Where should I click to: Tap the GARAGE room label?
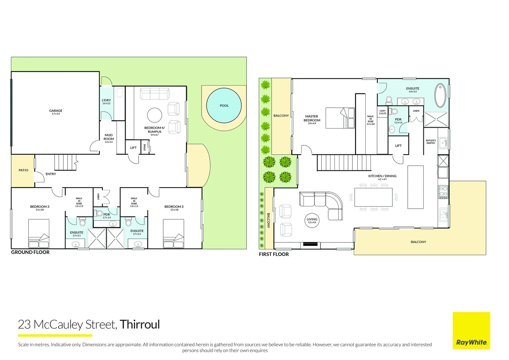[x=56, y=111]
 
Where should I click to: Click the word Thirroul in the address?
[x=140, y=324]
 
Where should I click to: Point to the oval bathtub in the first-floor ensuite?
[x=440, y=96]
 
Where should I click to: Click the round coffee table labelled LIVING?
[x=312, y=220]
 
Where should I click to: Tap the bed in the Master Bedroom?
[x=340, y=118]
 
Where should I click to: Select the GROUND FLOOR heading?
[x=30, y=252]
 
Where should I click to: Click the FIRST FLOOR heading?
[x=274, y=254]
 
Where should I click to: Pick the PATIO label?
[x=23, y=170]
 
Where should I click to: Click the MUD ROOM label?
[x=109, y=137]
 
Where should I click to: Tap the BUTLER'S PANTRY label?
[x=431, y=142]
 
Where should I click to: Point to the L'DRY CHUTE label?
[x=382, y=112]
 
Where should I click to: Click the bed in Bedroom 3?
[x=39, y=234]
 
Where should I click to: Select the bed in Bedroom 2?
[x=174, y=234]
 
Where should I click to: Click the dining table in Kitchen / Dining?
[x=373, y=198]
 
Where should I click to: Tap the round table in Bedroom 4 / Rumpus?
[x=155, y=115]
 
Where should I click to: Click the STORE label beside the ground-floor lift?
[x=145, y=147]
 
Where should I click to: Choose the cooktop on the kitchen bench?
[x=443, y=192]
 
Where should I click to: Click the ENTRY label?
[x=51, y=174]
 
